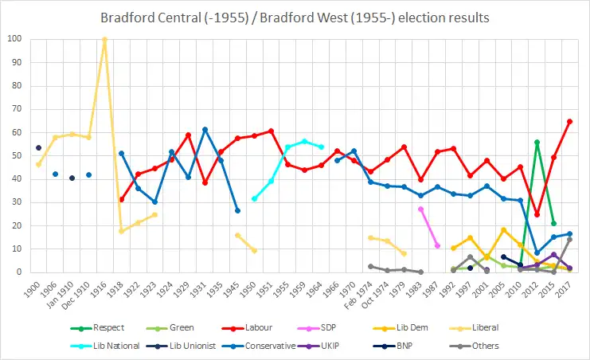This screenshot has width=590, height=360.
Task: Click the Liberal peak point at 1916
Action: tap(104, 39)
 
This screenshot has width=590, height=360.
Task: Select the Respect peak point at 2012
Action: tap(537, 142)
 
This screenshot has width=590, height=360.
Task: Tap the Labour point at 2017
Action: tap(569, 121)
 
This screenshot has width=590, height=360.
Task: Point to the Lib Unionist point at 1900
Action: tap(39, 147)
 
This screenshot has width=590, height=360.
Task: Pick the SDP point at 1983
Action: tap(420, 209)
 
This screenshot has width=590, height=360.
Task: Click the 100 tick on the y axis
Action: tap(16, 39)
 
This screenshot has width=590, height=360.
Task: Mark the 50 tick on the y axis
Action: tap(18, 156)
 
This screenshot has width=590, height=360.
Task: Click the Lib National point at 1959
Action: tap(304, 141)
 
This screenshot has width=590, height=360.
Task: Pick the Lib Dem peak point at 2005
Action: tap(503, 229)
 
